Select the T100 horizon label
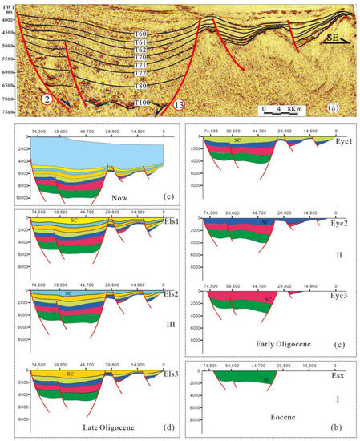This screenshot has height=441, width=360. coord(143,103)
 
